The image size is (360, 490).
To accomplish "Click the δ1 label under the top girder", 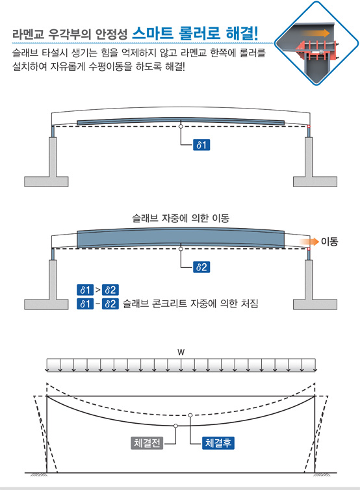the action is click(x=201, y=145).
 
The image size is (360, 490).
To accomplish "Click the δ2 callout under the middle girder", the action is click(x=201, y=267).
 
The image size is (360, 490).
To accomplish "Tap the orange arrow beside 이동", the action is click(x=309, y=242).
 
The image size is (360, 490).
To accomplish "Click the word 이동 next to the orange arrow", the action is click(x=329, y=242).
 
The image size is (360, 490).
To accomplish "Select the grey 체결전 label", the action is click(x=147, y=443).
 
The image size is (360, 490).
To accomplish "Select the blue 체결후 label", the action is click(x=218, y=443).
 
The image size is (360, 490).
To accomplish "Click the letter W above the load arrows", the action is click(x=181, y=352).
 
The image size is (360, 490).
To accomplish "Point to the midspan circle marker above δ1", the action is click(x=181, y=126).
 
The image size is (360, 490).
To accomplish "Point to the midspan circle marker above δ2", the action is click(x=181, y=249).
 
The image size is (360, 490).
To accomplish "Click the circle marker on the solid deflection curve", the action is click(x=175, y=426).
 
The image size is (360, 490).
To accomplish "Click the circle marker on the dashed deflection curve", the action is click(x=190, y=415).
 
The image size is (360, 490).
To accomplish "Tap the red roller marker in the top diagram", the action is click(x=309, y=126).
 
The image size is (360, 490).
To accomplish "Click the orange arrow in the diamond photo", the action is click(x=316, y=33).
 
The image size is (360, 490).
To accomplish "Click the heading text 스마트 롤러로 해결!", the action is click(x=196, y=33).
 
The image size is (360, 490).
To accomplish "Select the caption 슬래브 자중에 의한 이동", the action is click(x=181, y=218).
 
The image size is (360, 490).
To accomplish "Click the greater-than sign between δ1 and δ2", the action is click(x=98, y=290).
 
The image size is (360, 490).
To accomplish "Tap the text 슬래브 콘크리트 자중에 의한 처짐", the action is click(x=190, y=303).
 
